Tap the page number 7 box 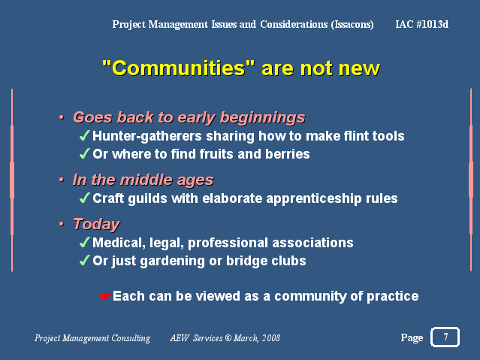tap(445, 337)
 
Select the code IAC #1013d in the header tap(422, 24)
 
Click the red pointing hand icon tap(106, 296)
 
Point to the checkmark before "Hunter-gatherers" tap(85, 136)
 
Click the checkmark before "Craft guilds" tap(85, 198)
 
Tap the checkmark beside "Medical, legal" tap(85, 242)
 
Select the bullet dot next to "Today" tap(62, 224)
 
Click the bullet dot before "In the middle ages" tap(62, 180)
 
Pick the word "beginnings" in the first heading tap(263, 118)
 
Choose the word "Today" tap(96, 225)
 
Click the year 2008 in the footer tap(271, 338)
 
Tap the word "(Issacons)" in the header tap(352, 25)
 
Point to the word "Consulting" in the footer tap(131, 338)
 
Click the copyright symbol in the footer tap(228, 338)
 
